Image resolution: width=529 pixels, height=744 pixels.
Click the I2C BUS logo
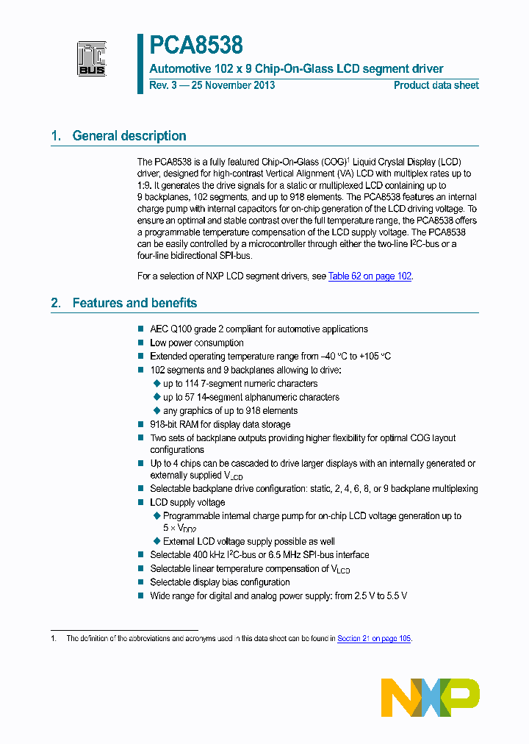(x=93, y=59)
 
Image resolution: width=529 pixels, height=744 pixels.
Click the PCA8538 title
(x=196, y=46)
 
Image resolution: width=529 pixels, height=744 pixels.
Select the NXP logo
(x=431, y=698)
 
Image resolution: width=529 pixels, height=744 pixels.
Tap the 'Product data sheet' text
(x=436, y=85)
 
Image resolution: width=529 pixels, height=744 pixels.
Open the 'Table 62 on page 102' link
(x=370, y=276)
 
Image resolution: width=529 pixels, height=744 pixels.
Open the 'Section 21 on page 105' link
(x=373, y=639)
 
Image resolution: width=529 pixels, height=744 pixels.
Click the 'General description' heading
(x=129, y=136)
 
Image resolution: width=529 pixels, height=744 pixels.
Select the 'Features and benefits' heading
(x=134, y=303)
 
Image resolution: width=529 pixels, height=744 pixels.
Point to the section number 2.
(x=55, y=303)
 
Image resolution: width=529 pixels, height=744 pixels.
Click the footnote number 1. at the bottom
(x=54, y=639)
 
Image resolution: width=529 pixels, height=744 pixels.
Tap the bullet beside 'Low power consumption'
(x=142, y=343)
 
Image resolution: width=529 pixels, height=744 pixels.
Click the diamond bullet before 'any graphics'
(x=156, y=410)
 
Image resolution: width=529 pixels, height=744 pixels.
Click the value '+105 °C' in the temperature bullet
(x=374, y=357)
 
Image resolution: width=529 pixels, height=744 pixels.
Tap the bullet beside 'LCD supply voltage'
(x=142, y=502)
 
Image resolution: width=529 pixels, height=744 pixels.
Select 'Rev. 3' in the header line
(x=164, y=85)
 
